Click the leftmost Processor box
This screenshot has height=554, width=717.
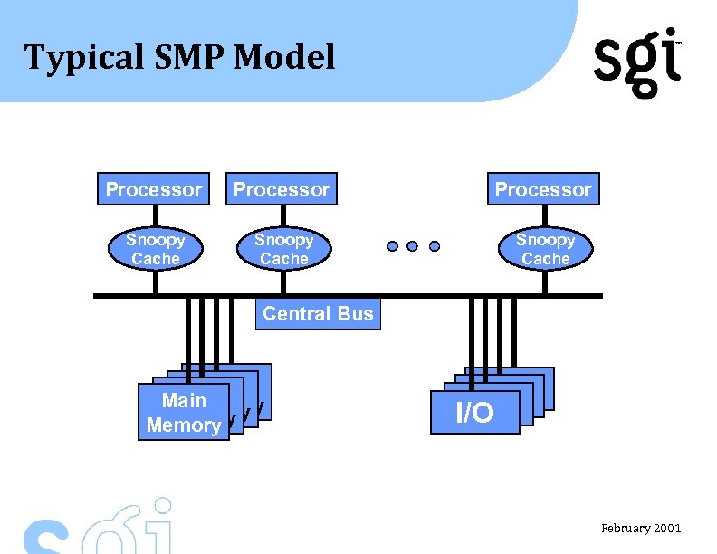tap(153, 189)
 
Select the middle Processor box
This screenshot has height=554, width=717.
tap(282, 189)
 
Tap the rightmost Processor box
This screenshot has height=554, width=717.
tap(543, 189)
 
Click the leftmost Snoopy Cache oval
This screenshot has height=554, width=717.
tap(155, 249)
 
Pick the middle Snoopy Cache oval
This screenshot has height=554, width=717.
tap(283, 249)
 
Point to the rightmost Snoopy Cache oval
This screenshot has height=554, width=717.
tap(545, 249)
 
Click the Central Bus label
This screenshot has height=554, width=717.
tap(318, 314)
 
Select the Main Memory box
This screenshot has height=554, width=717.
tap(183, 413)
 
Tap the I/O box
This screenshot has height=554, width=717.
tap(475, 413)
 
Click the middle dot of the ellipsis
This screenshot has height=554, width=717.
tap(413, 246)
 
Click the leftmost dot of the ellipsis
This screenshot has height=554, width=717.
tap(392, 246)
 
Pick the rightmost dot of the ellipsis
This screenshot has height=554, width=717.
tap(435, 246)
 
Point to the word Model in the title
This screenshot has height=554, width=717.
tap(284, 58)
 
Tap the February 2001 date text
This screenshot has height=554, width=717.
tap(641, 528)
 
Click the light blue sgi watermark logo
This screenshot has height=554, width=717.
tap(100, 530)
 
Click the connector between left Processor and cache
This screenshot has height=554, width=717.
tap(155, 216)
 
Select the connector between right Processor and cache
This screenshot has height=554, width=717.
tap(545, 216)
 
